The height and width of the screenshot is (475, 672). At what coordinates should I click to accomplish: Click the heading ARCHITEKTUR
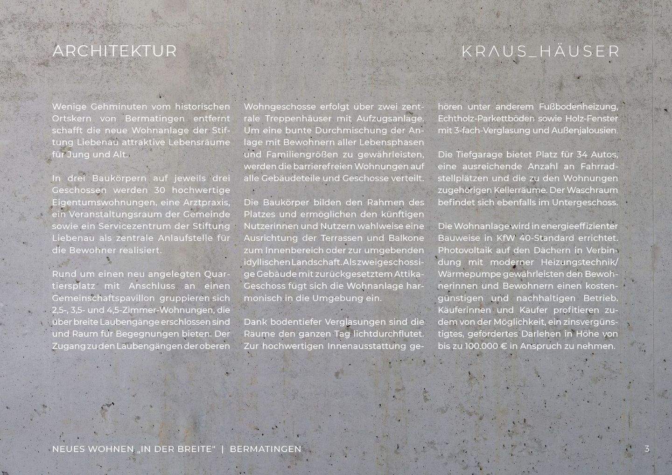[115, 51]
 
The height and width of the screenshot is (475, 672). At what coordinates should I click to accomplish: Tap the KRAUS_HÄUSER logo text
[541, 51]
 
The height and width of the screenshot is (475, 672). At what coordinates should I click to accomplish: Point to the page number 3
[647, 449]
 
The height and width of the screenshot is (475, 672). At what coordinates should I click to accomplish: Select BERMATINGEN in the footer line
[266, 449]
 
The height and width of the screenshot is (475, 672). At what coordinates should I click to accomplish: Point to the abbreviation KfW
[506, 238]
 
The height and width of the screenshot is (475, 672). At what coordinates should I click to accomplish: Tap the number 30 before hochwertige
[159, 190]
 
